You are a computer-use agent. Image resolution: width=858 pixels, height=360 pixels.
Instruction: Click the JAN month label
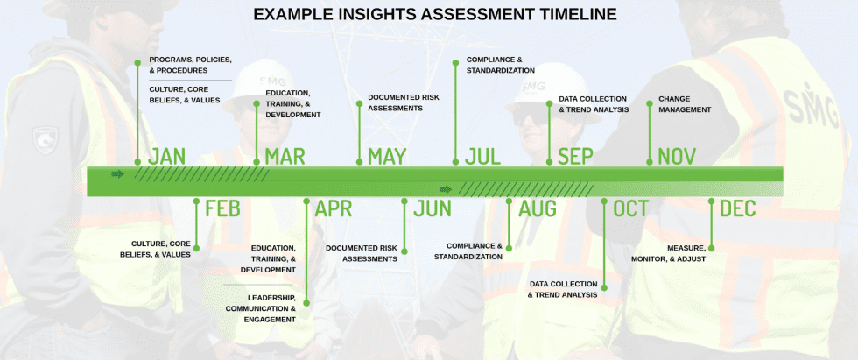(166, 157)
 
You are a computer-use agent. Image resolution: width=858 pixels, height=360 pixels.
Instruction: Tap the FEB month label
(222, 208)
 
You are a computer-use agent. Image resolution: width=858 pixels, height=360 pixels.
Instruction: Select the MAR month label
(285, 157)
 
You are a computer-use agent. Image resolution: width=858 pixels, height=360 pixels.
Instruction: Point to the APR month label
(334, 208)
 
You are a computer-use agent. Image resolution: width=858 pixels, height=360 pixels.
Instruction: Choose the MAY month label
(387, 157)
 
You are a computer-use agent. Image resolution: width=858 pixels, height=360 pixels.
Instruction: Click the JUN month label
(433, 208)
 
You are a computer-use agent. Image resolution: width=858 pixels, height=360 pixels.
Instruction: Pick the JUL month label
(483, 157)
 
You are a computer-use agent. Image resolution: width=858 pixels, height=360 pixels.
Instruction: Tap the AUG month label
(538, 208)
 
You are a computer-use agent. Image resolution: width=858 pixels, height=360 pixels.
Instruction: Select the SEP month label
(576, 157)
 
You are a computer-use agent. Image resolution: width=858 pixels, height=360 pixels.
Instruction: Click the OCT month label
(631, 208)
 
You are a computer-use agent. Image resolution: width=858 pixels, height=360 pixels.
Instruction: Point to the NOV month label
(677, 157)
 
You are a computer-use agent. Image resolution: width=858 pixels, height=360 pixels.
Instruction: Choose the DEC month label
(737, 208)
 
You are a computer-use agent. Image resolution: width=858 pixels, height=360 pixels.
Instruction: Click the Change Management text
(685, 104)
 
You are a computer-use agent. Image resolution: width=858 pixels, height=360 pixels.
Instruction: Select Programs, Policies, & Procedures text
(190, 65)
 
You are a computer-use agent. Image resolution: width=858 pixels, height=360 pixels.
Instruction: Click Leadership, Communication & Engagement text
(261, 308)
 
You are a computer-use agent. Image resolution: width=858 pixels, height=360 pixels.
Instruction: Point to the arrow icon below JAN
(118, 173)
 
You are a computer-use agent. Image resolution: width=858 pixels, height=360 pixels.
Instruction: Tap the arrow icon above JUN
(446, 188)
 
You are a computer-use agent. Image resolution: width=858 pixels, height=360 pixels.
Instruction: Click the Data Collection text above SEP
(594, 104)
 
